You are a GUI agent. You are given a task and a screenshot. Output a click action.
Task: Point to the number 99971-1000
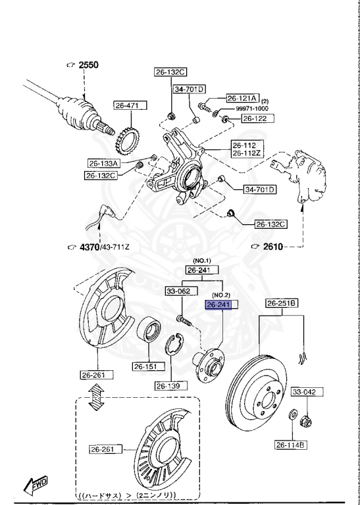[253, 108]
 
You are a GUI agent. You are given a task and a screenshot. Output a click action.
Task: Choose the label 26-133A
[103, 163]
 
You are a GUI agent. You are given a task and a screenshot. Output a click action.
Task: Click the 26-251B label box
[282, 303]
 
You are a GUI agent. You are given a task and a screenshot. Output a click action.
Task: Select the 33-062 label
[178, 290]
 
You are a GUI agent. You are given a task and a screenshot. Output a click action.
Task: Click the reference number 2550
[88, 65]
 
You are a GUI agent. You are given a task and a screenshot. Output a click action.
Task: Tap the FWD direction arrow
[34, 485]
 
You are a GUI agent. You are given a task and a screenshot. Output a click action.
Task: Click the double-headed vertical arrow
[98, 398]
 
